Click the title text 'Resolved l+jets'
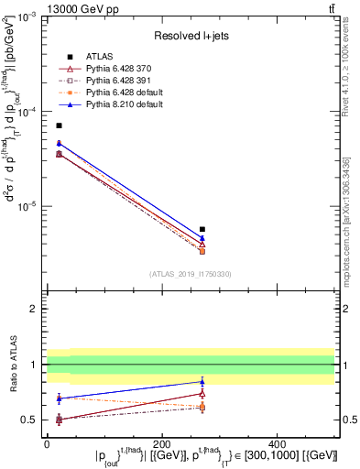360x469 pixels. pos(190,35)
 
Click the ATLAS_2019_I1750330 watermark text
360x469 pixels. pos(190,274)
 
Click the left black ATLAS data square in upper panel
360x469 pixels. pos(59,125)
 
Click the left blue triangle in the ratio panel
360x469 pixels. pos(59,398)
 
